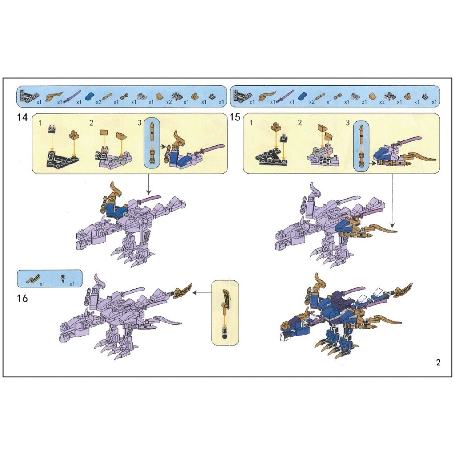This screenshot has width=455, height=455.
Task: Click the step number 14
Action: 22,117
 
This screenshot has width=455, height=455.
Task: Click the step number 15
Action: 235,117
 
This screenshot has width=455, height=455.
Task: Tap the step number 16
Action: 22,298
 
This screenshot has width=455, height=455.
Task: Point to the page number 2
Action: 438,363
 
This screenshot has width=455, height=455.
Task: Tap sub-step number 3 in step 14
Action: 140,123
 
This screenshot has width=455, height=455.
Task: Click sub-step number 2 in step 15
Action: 300,123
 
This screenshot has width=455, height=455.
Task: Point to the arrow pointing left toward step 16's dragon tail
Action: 202,293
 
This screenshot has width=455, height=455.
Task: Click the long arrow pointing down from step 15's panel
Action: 392,200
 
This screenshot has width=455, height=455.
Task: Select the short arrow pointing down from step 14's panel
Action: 148,184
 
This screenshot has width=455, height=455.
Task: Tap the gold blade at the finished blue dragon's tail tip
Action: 404,289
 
